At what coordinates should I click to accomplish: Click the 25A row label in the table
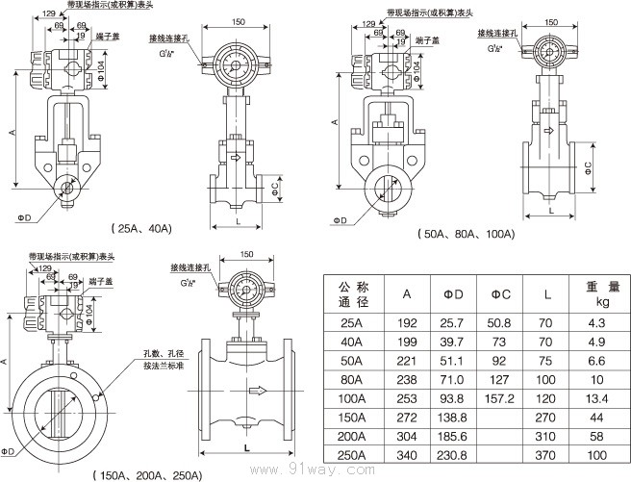pos(352,324)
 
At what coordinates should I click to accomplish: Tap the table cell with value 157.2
pos(500,396)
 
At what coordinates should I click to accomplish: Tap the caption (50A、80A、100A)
pos(467,235)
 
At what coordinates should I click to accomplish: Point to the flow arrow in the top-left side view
pos(238,156)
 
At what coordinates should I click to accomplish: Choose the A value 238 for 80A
pos(408,378)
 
